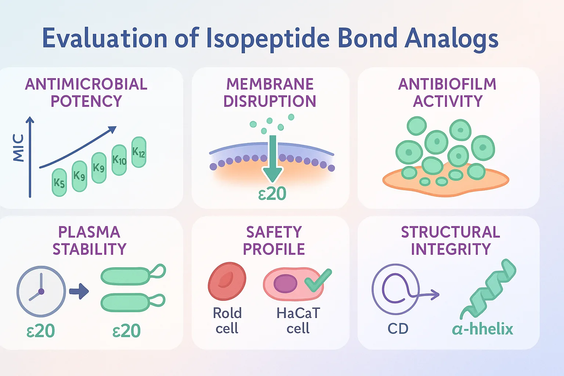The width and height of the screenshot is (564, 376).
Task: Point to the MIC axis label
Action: (18, 148)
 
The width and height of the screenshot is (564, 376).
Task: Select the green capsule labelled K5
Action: (59, 182)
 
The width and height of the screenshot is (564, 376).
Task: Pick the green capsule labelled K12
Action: (139, 152)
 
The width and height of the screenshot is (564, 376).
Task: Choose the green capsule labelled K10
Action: (119, 160)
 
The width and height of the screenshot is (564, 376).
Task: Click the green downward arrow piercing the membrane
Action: (272, 158)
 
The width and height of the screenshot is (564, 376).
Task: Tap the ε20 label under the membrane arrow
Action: (272, 194)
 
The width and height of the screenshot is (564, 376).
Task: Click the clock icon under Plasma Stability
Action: (41, 291)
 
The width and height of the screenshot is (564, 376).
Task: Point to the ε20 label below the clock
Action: (41, 331)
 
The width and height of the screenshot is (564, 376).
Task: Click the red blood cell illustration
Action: (227, 281)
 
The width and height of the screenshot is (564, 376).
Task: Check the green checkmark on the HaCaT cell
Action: (318, 280)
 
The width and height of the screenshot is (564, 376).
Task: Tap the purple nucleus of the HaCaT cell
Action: (285, 284)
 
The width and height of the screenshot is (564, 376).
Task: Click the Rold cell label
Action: (227, 321)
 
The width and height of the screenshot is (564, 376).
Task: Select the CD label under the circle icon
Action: (398, 329)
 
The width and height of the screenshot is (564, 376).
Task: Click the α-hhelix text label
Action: (482, 329)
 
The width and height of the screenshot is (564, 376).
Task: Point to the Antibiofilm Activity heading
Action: (448, 93)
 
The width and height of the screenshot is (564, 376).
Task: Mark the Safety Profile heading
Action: (274, 241)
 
